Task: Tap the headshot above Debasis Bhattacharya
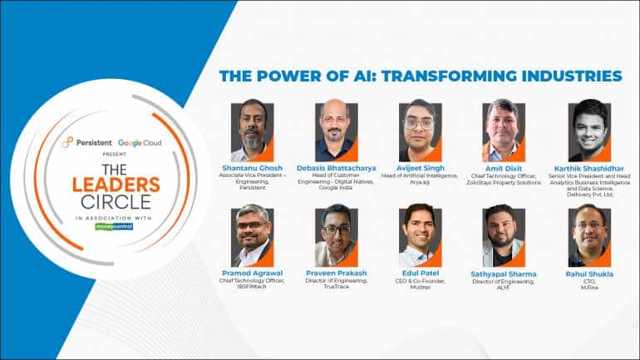(x=336, y=131)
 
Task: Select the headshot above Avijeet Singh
(x=420, y=131)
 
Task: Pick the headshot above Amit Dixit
(x=504, y=131)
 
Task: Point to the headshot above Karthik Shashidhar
(x=588, y=131)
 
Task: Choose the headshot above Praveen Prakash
(x=336, y=236)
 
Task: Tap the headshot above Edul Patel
(x=420, y=236)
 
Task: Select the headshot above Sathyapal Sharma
(x=504, y=236)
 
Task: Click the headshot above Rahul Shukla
(x=588, y=236)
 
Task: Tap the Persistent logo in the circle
(x=86, y=143)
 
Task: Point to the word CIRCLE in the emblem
(x=113, y=202)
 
